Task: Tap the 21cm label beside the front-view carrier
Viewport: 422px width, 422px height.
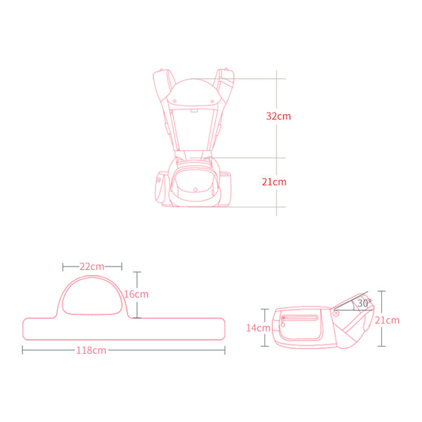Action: (274, 181)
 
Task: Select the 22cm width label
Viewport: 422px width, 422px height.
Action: (92, 267)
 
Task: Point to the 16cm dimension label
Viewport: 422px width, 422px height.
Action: (136, 294)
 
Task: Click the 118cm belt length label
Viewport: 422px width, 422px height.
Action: (92, 350)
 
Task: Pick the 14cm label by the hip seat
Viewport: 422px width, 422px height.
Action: (259, 328)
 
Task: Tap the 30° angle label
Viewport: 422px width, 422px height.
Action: (363, 303)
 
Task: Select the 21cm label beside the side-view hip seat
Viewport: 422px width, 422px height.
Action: (388, 320)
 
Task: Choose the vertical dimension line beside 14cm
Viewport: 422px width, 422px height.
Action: (265, 328)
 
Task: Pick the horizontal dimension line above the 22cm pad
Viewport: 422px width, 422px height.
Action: (92, 267)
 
